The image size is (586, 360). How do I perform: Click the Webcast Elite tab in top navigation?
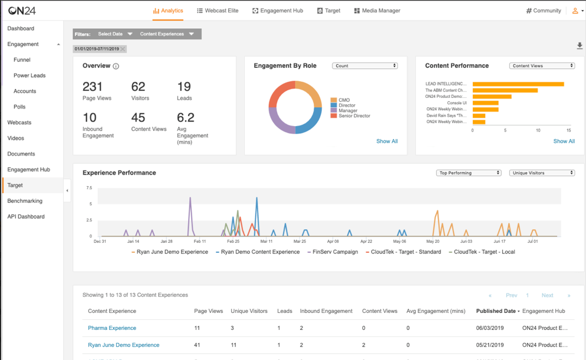click(x=218, y=11)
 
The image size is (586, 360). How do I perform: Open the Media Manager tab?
click(x=377, y=11)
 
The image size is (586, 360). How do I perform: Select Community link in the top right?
click(x=544, y=11)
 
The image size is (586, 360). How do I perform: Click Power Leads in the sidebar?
click(x=29, y=75)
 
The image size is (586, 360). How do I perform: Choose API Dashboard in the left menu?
click(x=26, y=217)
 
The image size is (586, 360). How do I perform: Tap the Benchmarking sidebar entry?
click(x=25, y=201)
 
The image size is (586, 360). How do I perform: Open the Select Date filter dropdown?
click(x=115, y=34)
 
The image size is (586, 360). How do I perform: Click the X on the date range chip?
click(x=123, y=49)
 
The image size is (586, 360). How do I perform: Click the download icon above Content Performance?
click(x=580, y=46)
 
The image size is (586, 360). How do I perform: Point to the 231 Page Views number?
click(x=93, y=87)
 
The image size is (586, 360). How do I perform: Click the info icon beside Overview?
click(x=116, y=66)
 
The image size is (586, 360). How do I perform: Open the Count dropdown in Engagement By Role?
click(x=365, y=66)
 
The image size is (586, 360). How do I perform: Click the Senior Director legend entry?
click(x=354, y=116)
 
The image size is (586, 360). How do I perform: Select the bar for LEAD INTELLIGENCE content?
click(x=518, y=84)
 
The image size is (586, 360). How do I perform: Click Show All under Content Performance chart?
click(x=564, y=141)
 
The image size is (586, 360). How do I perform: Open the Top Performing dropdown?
click(x=469, y=173)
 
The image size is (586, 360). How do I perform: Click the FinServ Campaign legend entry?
click(x=335, y=252)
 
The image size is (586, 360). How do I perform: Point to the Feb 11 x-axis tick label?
click(x=200, y=242)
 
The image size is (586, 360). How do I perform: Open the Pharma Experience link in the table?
click(x=112, y=328)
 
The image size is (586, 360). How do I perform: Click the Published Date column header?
click(x=497, y=311)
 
